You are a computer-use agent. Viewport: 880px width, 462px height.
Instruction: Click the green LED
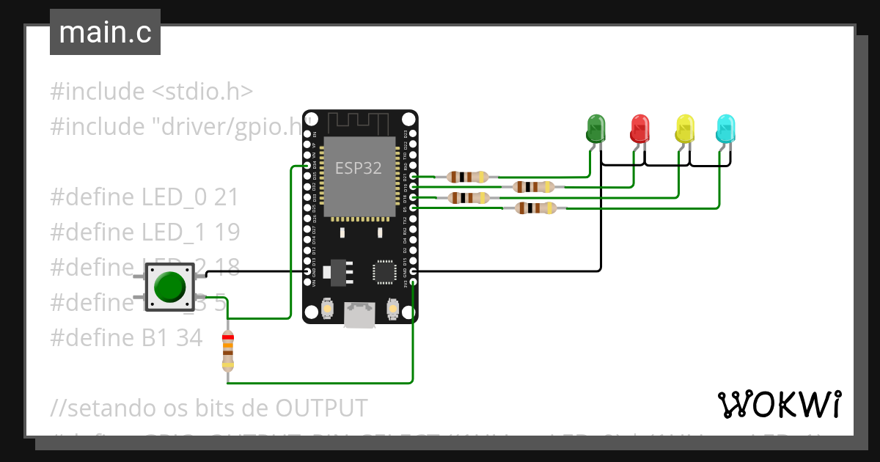[596, 129]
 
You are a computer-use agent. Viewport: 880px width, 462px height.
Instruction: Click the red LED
[640, 129]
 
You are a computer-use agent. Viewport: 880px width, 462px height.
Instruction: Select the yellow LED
[684, 129]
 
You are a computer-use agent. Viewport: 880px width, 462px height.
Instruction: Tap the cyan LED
[725, 129]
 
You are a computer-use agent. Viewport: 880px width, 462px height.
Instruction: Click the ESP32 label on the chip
[359, 168]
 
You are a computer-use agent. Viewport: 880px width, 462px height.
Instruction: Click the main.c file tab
[106, 33]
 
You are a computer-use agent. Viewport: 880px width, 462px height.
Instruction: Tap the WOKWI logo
[779, 404]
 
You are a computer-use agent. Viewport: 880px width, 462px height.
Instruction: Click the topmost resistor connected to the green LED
[467, 177]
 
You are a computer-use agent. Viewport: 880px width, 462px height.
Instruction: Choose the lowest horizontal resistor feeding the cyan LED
[534, 208]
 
